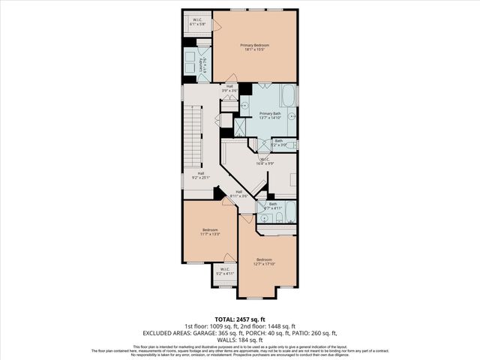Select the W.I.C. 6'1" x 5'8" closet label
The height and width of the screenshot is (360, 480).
click(197, 22)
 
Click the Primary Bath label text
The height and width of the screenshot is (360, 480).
click(269, 115)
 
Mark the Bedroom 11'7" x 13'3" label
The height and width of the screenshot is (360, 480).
click(210, 232)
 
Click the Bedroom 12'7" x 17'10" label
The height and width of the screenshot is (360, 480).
click(265, 262)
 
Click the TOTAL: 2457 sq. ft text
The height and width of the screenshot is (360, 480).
click(239, 319)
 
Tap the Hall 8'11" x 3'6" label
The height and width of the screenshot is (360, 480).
click(238, 193)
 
